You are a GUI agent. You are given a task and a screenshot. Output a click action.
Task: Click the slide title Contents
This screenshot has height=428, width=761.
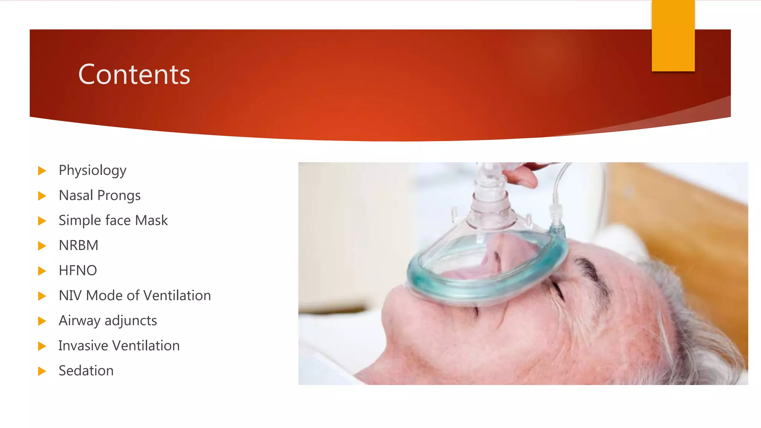click(134, 74)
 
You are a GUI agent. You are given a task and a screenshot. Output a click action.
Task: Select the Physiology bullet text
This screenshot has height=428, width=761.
click(93, 171)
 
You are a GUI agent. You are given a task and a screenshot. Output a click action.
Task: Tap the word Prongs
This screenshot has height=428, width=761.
click(119, 196)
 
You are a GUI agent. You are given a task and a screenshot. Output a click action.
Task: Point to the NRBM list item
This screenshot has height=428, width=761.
click(78, 246)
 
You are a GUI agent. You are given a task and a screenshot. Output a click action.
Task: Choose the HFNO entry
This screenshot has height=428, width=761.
click(78, 270)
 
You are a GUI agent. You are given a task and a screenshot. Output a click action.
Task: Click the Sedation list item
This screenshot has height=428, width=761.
click(86, 371)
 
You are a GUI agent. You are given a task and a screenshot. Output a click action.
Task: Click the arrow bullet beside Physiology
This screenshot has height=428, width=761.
click(42, 171)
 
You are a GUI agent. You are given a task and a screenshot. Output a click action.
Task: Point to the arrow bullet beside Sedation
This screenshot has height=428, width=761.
click(42, 371)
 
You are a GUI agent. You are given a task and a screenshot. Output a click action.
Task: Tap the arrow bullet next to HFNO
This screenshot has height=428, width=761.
click(42, 271)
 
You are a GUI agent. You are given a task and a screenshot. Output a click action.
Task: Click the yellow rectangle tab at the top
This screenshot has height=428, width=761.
click(673, 36)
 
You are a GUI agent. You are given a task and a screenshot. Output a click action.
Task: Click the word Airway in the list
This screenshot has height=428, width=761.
click(80, 321)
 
